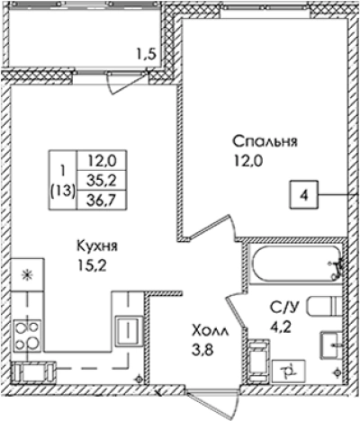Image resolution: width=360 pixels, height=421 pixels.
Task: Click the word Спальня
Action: pyautogui.click(x=265, y=141)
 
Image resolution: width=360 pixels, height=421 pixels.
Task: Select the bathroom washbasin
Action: pyautogui.click(x=328, y=343)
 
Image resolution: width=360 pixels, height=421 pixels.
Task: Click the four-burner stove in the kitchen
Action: pyautogui.click(x=25, y=335)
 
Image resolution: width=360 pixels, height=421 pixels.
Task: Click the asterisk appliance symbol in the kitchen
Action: pyautogui.click(x=25, y=274)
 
